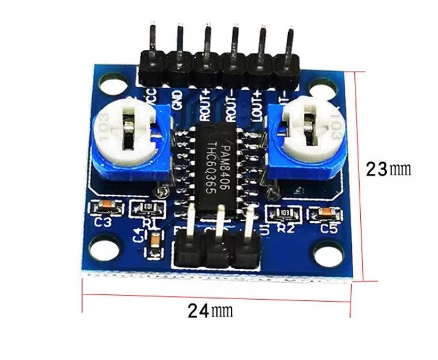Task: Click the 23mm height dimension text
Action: pos(389,169)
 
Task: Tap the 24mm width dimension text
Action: pos(210,311)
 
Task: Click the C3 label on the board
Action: pos(104,222)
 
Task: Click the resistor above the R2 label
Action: pos(283,213)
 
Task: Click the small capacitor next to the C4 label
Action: pos(155,244)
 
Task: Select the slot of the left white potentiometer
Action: pos(128,134)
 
